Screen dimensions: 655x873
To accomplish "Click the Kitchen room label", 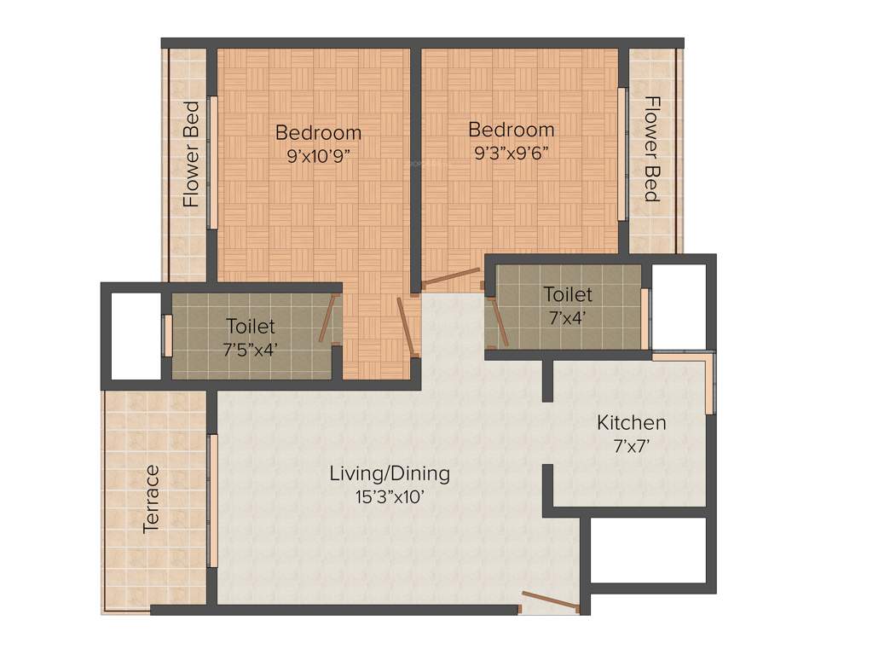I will (x=631, y=422).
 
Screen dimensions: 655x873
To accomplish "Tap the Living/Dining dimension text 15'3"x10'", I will (x=390, y=496).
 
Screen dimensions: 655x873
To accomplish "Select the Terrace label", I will (x=151, y=499).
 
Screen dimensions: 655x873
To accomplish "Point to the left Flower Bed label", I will (x=192, y=154).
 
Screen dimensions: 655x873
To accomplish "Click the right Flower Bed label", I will (x=651, y=149).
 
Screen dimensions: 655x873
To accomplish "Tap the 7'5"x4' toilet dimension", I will (x=251, y=348).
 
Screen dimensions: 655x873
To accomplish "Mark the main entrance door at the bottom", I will (x=550, y=601).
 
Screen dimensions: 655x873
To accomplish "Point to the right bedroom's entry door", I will (x=453, y=278).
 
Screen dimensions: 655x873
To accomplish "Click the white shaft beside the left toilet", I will (x=136, y=334).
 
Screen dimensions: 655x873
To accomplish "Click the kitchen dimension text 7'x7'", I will (x=631, y=444).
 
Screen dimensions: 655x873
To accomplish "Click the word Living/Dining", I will (x=390, y=473).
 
